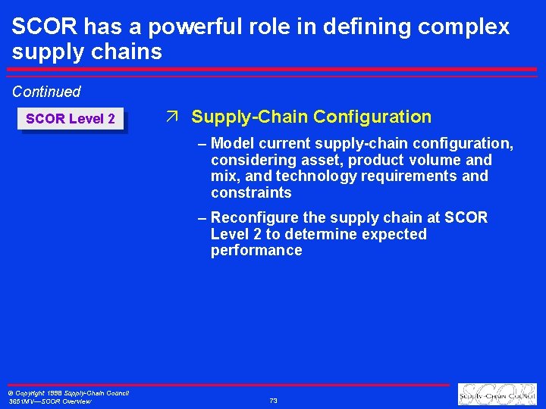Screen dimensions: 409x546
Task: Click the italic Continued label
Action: click(x=46, y=92)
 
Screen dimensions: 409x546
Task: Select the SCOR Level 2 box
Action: click(x=71, y=119)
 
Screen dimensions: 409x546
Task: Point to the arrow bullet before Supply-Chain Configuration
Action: click(x=172, y=117)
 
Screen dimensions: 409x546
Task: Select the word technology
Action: click(x=311, y=176)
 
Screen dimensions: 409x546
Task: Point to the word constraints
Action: click(x=251, y=192)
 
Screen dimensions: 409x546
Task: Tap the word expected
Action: click(x=390, y=234)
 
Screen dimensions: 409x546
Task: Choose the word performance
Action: click(x=256, y=250)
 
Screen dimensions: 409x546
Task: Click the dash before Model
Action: click(x=201, y=143)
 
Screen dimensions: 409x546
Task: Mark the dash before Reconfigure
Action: click(x=201, y=217)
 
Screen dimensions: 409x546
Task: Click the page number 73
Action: click(x=273, y=400)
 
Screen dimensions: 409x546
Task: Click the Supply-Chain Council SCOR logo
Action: click(x=497, y=395)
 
